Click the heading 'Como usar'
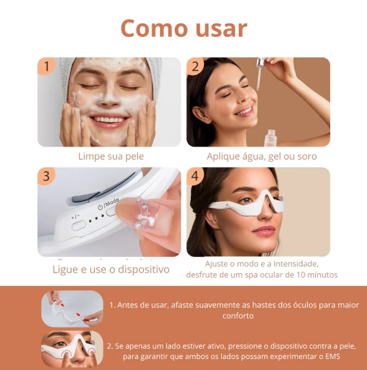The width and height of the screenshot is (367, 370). (183, 28)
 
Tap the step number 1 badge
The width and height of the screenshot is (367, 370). (45, 67)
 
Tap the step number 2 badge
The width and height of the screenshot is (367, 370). (195, 67)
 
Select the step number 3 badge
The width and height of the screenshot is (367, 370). (45, 176)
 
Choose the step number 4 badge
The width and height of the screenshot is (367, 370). (195, 176)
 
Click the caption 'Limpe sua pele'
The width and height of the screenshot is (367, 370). (110, 156)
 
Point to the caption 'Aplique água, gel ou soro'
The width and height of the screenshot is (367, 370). (261, 156)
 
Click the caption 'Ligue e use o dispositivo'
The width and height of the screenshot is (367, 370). (111, 269)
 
